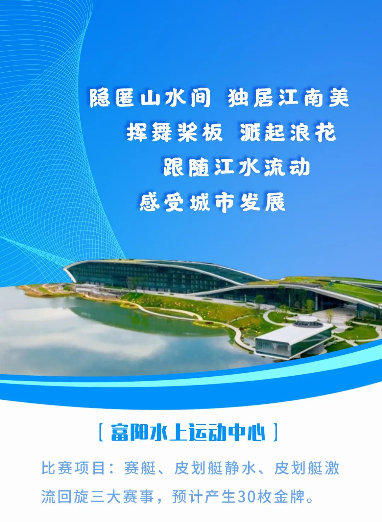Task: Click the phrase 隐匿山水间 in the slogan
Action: tap(150, 98)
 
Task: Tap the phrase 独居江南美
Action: tap(288, 98)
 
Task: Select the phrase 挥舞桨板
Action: tap(174, 133)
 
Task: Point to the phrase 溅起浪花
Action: tap(288, 133)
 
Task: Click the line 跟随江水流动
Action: tap(236, 167)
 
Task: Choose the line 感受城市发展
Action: tap(212, 202)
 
